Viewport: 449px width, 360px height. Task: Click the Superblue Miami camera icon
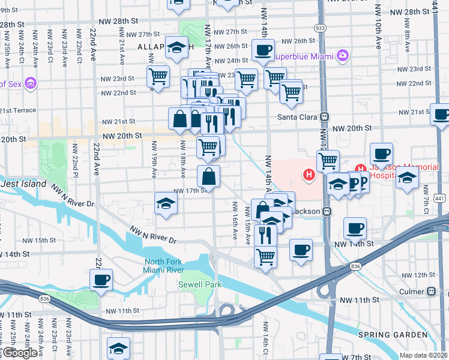click(343, 56)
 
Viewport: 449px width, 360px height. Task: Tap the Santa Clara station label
click(299, 116)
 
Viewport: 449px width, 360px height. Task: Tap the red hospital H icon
click(309, 175)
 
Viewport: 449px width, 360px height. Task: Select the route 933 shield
click(320, 28)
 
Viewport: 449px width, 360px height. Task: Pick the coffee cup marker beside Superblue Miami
click(262, 50)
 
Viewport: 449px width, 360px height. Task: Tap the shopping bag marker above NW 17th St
click(208, 176)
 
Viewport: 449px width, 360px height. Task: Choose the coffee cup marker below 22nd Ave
click(101, 279)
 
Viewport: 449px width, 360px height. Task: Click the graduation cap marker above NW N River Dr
click(166, 203)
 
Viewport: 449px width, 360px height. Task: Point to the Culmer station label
click(411, 292)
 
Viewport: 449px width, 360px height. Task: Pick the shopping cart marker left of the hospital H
click(328, 160)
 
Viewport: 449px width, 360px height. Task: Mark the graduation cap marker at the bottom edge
click(119, 348)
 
